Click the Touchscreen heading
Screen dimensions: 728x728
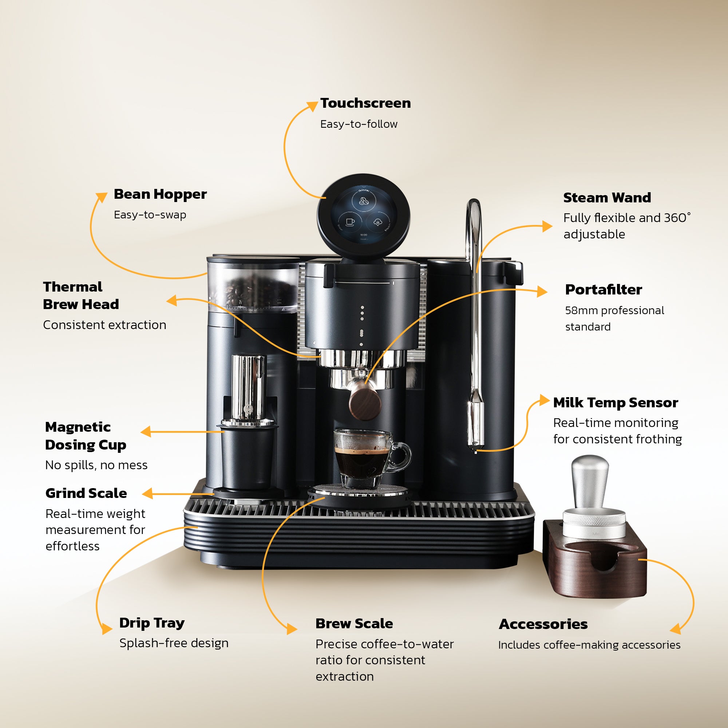tap(365, 103)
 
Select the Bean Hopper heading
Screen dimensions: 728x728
tap(160, 194)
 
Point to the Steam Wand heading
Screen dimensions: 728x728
tap(607, 198)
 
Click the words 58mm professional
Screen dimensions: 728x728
tap(614, 310)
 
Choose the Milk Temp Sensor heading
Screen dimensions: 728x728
tap(615, 403)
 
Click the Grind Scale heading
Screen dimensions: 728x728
tap(86, 493)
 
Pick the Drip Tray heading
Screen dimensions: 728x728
tap(152, 623)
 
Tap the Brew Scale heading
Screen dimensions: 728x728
tap(354, 624)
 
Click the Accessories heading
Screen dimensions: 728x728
tap(543, 624)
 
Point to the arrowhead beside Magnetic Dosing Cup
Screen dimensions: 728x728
tap(146, 431)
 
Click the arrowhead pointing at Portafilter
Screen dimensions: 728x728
tap(542, 291)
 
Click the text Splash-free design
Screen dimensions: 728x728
tap(174, 643)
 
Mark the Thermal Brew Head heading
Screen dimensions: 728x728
tap(81, 296)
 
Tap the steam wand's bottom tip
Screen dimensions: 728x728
tap(475, 450)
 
